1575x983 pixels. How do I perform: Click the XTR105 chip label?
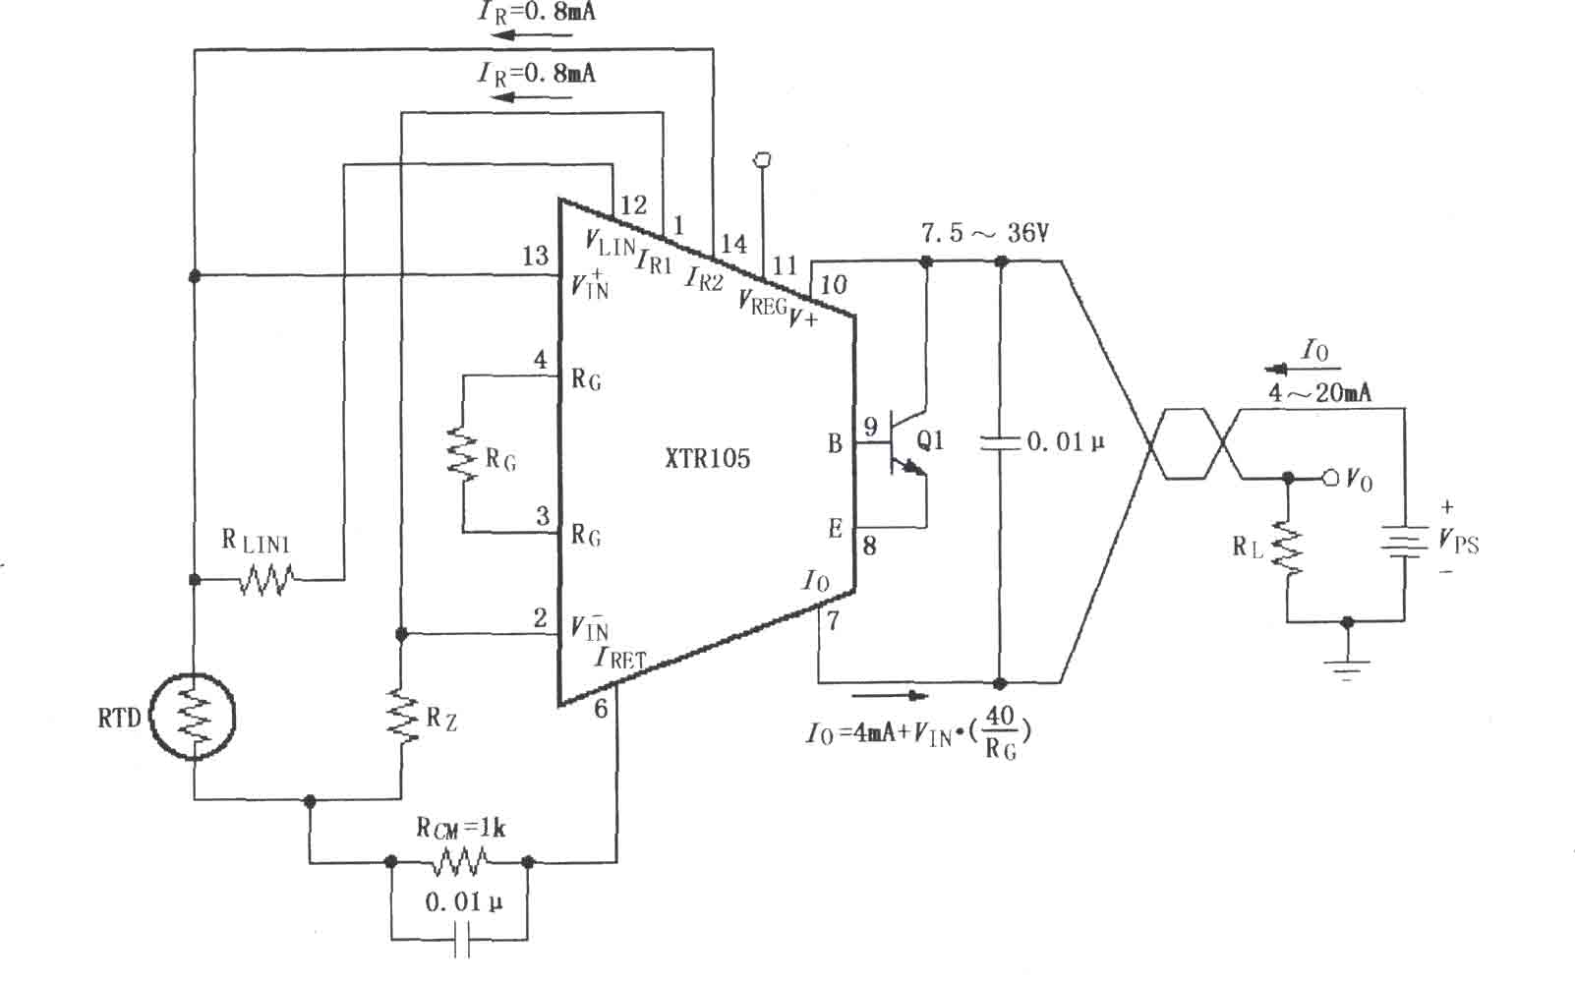click(707, 458)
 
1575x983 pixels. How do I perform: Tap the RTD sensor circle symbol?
click(193, 717)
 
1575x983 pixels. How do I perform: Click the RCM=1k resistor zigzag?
click(459, 861)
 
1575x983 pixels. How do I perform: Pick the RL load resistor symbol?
click(1288, 548)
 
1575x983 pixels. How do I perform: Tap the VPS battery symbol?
click(1404, 541)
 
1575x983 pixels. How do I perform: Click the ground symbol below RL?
click(1347, 670)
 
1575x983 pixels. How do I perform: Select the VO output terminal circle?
click(1330, 478)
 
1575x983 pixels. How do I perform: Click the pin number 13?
click(535, 256)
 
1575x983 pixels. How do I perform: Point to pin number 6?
click(601, 709)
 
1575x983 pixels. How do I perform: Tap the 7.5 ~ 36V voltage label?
click(985, 233)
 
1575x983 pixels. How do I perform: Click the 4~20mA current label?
click(1319, 392)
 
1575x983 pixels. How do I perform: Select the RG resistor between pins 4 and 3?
click(462, 454)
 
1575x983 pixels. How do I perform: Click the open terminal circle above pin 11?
click(762, 160)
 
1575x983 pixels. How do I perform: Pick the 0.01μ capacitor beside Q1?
click(1000, 442)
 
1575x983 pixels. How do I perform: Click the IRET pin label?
click(620, 658)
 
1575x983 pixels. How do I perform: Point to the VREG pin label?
click(762, 303)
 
